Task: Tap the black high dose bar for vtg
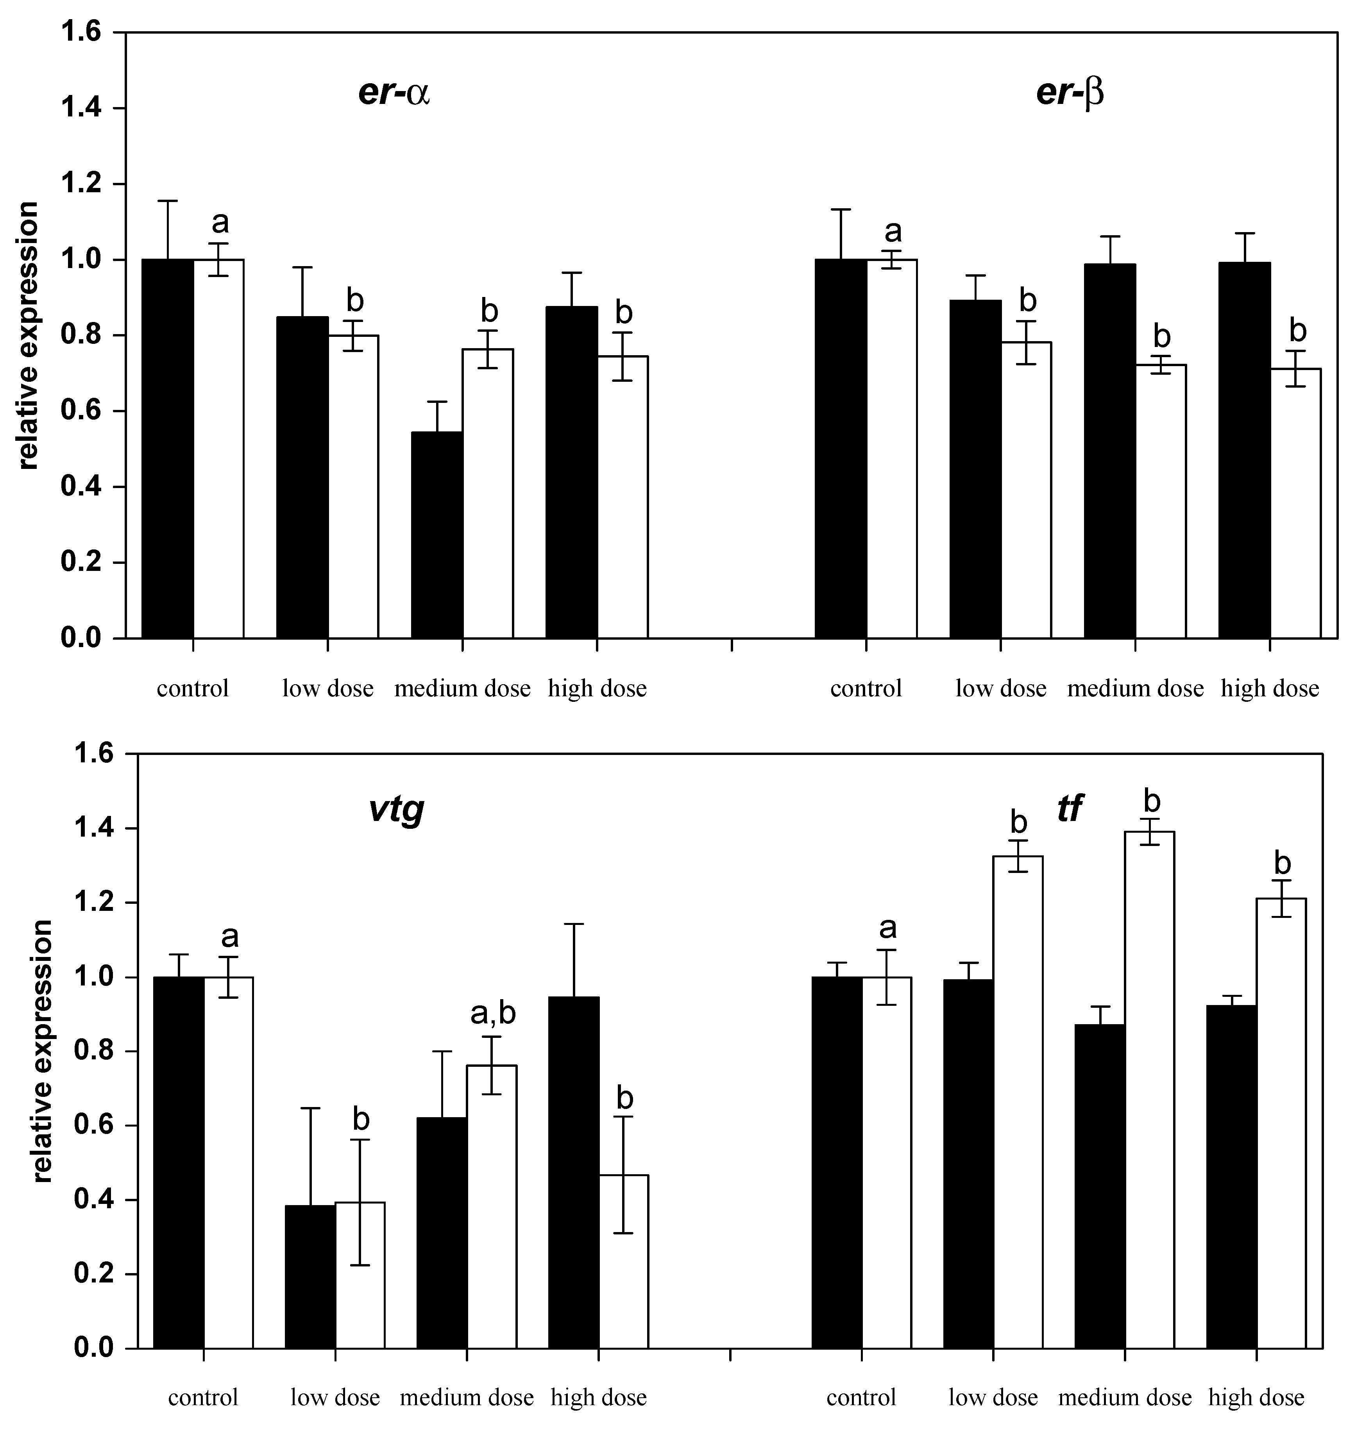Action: click(573, 1171)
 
